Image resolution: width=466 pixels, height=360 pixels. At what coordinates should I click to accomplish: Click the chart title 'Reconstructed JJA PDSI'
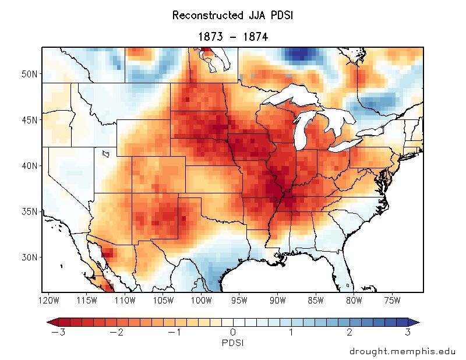click(232, 16)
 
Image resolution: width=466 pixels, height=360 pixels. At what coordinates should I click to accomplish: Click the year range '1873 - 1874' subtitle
click(232, 37)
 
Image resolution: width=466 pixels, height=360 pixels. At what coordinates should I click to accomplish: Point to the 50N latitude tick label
click(29, 75)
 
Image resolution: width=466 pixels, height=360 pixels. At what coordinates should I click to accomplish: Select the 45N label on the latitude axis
click(29, 120)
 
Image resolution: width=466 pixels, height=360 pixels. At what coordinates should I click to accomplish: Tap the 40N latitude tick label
click(29, 165)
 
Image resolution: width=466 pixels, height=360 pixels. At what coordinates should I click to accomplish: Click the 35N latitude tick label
click(29, 211)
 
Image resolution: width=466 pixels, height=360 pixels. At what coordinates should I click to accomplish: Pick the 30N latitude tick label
click(29, 257)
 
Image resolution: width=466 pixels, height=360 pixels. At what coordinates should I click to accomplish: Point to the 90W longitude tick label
click(278, 301)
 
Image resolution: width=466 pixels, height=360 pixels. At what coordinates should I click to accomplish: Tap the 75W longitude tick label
click(393, 301)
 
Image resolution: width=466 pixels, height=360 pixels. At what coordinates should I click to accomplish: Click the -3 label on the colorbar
click(55, 333)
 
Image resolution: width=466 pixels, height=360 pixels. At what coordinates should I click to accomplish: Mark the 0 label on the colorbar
click(232, 333)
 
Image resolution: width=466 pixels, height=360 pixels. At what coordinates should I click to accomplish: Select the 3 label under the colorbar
click(408, 333)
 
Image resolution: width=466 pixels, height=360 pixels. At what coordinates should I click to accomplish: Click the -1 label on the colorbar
click(173, 333)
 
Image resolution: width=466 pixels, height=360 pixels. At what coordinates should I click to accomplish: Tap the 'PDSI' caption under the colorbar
click(232, 343)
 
